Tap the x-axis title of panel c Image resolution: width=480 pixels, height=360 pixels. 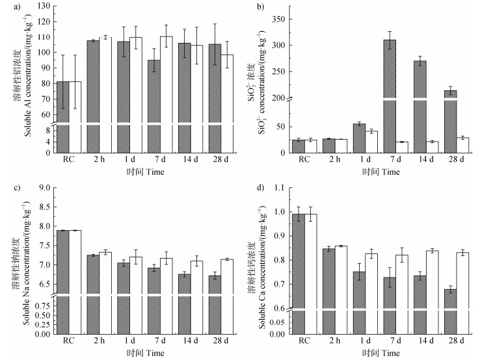(146, 354)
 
